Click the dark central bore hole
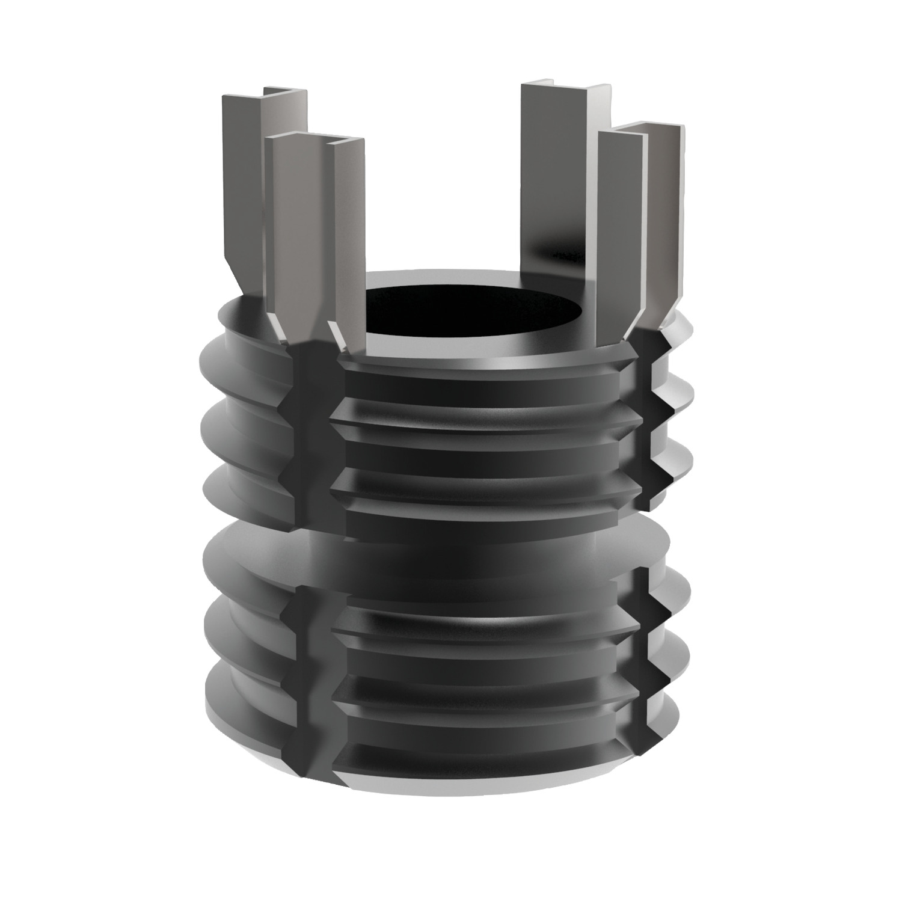pyautogui.click(x=475, y=310)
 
